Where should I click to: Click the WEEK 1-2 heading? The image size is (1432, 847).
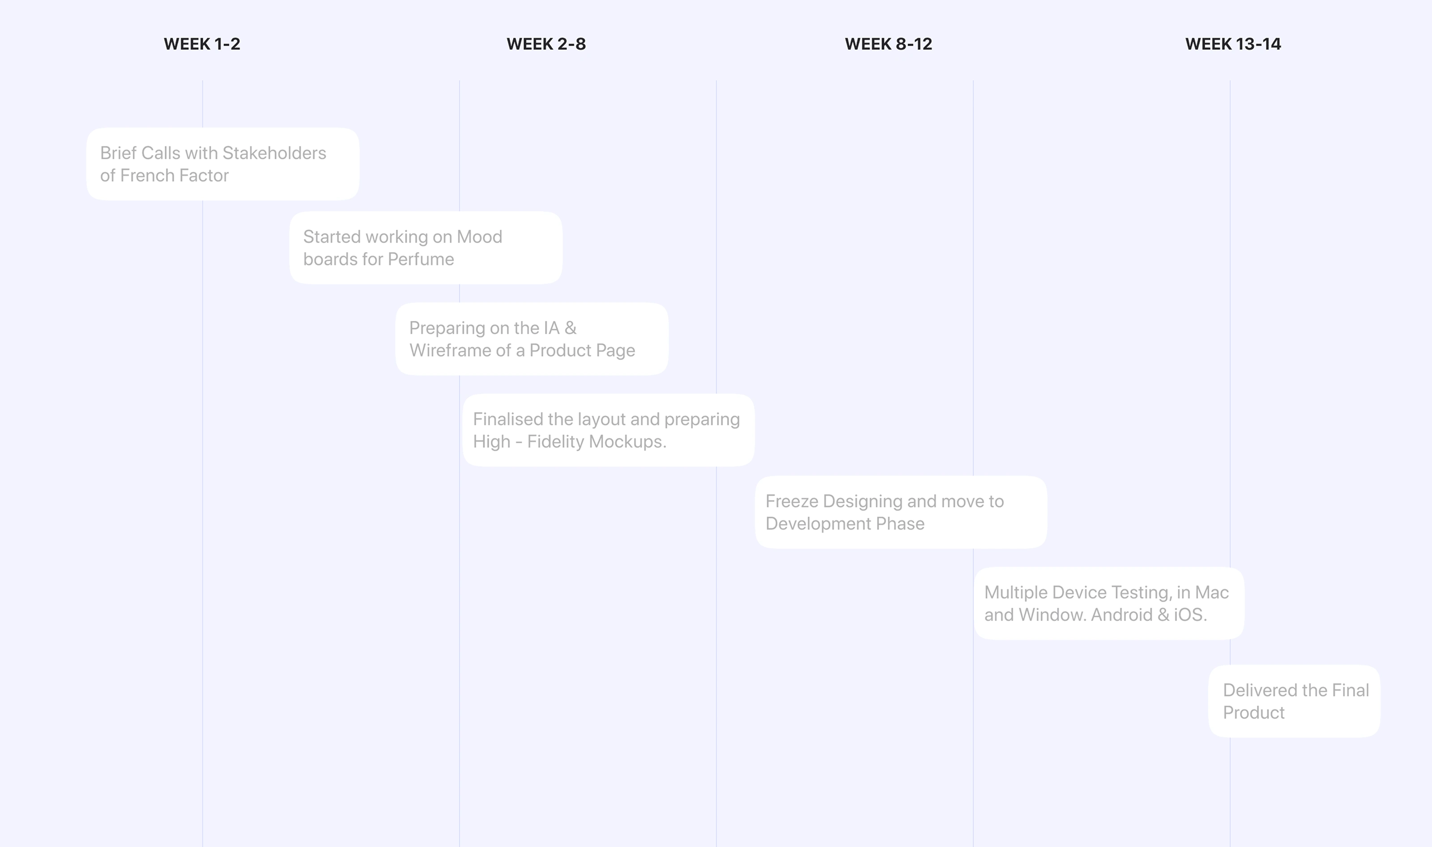pos(202,44)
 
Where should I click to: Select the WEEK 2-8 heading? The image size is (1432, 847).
pos(546,44)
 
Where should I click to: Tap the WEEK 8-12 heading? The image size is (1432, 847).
pos(888,44)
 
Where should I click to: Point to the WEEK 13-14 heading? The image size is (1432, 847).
pos(1233,44)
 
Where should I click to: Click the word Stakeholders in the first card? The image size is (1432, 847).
pos(274,153)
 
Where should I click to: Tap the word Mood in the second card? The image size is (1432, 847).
pos(479,237)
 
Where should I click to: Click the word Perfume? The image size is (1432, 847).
pos(421,259)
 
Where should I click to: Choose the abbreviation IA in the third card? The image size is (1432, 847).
pos(551,328)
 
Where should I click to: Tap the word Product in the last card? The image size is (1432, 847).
pos(1253,712)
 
